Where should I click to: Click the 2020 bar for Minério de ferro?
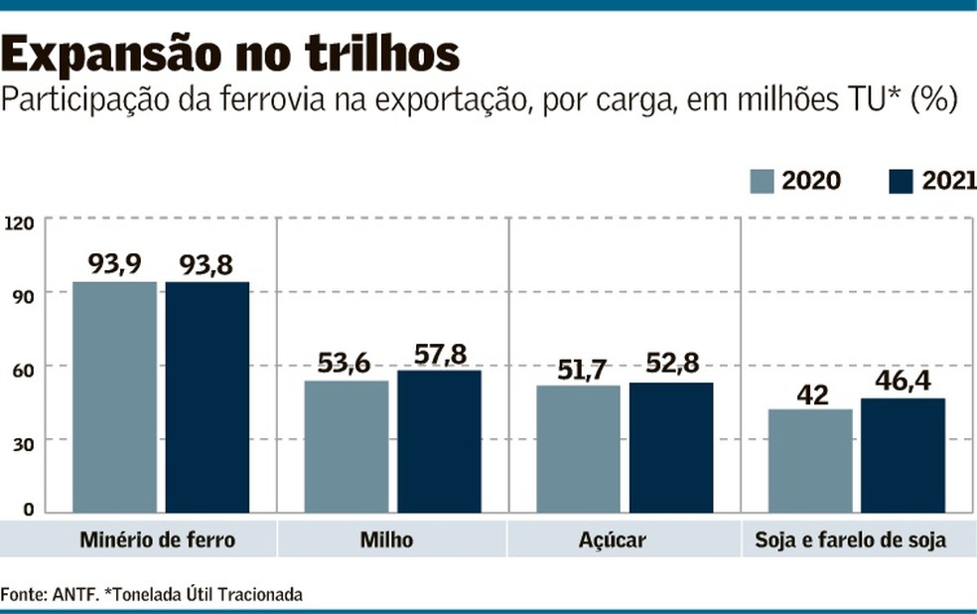pos(114,397)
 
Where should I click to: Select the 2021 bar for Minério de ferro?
pos(208,397)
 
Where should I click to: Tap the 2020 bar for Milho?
pos(347,447)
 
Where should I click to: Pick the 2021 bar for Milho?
pos(439,442)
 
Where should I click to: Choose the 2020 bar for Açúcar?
pos(578,449)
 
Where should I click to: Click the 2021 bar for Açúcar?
pos(670,448)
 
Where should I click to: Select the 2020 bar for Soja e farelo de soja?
pos(810,461)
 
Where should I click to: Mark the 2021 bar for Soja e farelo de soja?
pos(903,456)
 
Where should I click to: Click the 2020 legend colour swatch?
pos(762,181)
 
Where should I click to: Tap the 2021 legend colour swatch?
pos(901,181)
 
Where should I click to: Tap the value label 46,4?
pos(903,382)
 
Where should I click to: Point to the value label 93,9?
pos(114,264)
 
